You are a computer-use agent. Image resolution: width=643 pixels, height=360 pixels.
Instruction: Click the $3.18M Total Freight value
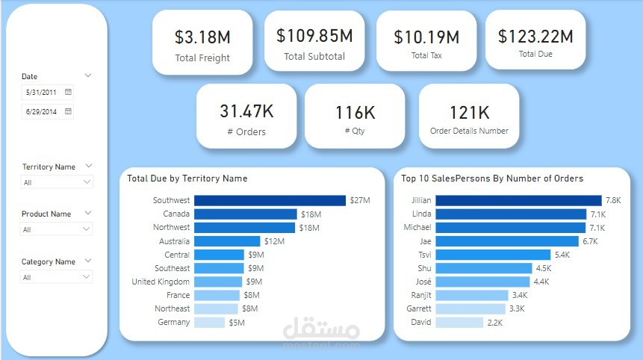click(202, 37)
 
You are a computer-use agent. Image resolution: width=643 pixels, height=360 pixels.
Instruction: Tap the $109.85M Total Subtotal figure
click(314, 36)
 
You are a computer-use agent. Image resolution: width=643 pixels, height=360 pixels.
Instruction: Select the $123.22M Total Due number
click(535, 36)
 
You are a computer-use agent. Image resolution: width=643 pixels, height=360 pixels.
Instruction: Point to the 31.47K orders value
click(246, 111)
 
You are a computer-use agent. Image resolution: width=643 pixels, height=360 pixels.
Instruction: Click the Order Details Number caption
click(469, 131)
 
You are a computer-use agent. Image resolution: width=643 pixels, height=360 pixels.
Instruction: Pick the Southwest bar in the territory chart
click(270, 200)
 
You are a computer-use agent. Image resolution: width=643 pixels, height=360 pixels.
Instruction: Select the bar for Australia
click(227, 241)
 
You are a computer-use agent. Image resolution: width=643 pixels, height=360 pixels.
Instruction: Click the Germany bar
click(210, 322)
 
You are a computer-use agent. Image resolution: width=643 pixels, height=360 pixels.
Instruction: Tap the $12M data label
click(274, 241)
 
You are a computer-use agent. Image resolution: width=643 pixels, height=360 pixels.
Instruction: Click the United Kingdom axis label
click(161, 282)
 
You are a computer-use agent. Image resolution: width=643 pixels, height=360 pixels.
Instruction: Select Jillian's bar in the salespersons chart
click(518, 200)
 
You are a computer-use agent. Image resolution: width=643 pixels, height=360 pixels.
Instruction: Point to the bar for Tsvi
click(493, 255)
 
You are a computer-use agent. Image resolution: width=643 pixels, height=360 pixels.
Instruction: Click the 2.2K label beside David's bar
click(495, 323)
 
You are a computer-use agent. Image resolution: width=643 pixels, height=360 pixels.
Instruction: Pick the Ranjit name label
click(421, 295)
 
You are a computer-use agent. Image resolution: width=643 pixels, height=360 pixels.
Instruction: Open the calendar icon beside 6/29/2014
click(68, 111)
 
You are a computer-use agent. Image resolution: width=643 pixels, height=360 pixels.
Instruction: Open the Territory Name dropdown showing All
click(57, 182)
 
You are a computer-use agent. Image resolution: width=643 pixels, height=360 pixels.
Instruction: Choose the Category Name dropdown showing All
click(57, 277)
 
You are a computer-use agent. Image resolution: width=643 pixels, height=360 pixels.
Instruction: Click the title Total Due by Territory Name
click(187, 179)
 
